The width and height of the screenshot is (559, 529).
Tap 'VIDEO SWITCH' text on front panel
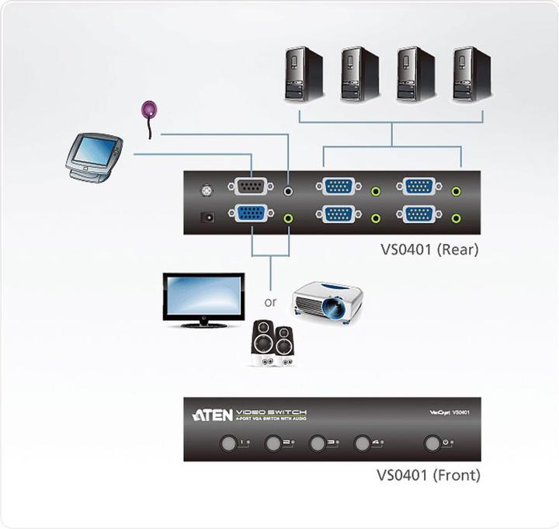click(x=271, y=411)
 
